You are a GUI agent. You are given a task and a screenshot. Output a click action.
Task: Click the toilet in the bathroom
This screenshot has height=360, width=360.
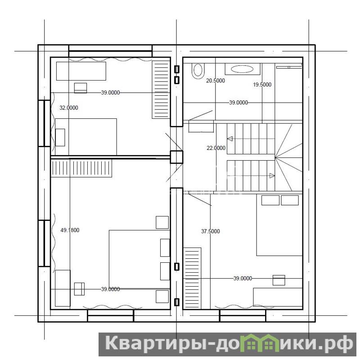point(198,71)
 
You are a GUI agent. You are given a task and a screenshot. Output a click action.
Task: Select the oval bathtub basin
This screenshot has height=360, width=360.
point(242,69)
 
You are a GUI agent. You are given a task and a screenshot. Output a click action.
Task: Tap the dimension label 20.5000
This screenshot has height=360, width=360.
point(216,81)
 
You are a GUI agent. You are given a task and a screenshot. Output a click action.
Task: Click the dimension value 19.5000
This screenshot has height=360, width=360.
point(262,85)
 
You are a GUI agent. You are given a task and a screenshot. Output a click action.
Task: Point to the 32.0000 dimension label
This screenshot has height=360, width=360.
point(69,108)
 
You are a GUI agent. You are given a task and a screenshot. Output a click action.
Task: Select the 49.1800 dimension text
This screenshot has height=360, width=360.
point(70,230)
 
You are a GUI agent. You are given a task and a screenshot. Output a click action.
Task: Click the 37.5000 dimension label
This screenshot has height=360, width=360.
point(210,231)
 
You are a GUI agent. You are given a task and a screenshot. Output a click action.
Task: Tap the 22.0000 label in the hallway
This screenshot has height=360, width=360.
point(216,148)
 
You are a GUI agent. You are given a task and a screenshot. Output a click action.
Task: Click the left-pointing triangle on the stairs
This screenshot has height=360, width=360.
point(230,139)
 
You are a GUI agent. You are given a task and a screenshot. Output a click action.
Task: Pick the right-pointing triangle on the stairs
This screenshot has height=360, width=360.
point(272,175)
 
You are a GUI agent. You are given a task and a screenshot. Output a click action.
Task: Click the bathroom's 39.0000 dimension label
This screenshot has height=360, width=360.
point(238,103)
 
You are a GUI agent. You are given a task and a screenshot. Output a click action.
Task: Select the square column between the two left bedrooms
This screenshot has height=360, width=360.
point(176,157)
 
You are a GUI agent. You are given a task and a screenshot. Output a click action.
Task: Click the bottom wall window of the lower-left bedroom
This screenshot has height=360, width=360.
point(111,316)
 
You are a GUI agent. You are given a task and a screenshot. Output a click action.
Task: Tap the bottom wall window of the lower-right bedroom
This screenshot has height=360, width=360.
point(243,316)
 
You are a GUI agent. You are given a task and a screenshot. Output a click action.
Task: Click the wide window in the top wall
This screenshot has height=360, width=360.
point(110,51)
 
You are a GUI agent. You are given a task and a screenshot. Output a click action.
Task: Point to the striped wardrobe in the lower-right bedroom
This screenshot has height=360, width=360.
point(192,278)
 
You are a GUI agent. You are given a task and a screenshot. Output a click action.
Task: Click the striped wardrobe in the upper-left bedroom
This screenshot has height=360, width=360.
point(161,90)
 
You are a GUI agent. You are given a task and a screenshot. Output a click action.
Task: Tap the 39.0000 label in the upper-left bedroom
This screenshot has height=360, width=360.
point(110,93)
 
